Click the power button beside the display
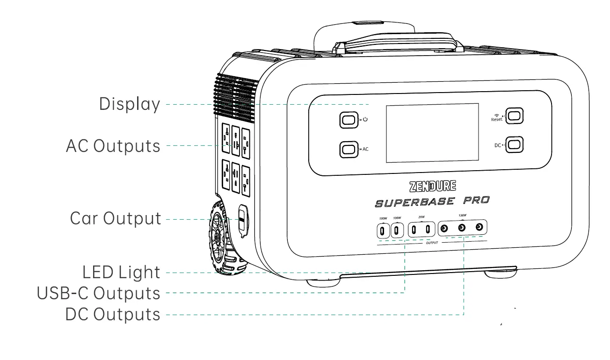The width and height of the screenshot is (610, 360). click(348, 120)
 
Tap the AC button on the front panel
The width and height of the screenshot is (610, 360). click(348, 149)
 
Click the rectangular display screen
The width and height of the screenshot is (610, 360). click(431, 133)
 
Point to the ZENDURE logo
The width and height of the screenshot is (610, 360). click(432, 187)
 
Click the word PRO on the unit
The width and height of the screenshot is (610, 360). click(476, 201)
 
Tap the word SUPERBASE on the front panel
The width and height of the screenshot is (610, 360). click(414, 202)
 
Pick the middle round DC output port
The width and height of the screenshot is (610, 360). click(462, 228)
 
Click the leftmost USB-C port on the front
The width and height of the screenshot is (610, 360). click(383, 230)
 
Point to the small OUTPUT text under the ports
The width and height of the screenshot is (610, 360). click(432, 244)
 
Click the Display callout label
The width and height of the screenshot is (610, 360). click(129, 104)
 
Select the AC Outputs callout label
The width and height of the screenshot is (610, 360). click(113, 146)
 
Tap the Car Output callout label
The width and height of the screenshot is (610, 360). click(115, 218)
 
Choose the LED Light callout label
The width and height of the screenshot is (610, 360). click(121, 272)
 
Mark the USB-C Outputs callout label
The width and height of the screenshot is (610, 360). click(98, 293)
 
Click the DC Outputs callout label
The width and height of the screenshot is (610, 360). click(112, 314)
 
